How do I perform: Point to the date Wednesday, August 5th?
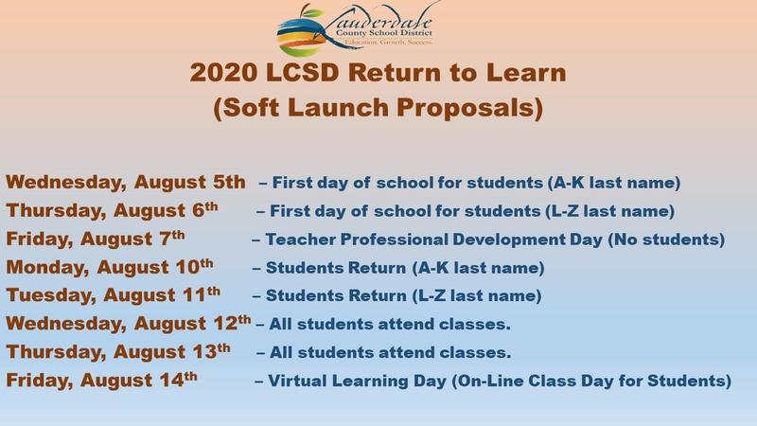126,181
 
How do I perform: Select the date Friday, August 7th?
97,238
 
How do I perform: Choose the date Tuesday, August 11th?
114,295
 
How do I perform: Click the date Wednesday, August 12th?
129,325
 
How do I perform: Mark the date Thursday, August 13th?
117,353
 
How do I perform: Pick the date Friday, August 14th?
101,382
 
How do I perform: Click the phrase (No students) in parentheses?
669,239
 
